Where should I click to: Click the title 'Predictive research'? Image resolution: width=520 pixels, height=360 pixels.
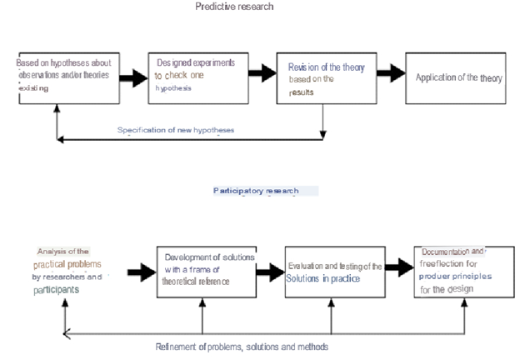point(234,7)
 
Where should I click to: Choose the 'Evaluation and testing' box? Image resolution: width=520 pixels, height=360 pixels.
point(333,272)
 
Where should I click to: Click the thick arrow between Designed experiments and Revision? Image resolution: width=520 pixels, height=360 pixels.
point(261,72)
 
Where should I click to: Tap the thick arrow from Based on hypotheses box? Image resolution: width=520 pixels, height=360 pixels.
point(129,77)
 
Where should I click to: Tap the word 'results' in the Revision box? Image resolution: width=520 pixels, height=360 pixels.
point(302,91)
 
